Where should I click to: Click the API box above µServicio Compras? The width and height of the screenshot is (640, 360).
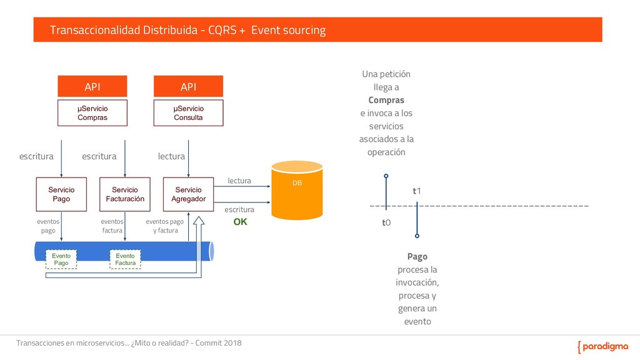(x=92, y=86)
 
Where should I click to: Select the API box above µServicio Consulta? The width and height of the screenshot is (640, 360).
(x=188, y=86)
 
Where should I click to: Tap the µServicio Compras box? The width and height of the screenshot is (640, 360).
(x=92, y=113)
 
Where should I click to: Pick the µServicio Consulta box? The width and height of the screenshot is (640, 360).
(x=188, y=113)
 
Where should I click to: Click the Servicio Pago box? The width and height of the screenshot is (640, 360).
(x=61, y=194)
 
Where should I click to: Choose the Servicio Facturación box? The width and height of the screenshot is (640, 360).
(x=124, y=194)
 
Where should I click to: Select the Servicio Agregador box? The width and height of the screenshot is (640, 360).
(x=188, y=194)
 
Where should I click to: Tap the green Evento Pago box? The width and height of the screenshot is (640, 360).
(x=61, y=259)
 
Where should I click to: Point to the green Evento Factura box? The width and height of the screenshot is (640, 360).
(x=125, y=259)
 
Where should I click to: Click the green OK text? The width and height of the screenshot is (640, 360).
(x=241, y=221)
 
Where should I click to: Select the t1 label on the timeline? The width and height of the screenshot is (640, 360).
(x=417, y=191)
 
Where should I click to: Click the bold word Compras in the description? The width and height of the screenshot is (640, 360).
(x=386, y=100)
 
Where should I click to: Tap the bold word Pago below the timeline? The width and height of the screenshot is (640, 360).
(x=417, y=257)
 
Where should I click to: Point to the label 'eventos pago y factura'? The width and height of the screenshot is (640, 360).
(x=164, y=226)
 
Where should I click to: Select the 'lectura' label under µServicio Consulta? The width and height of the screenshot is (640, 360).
(x=171, y=156)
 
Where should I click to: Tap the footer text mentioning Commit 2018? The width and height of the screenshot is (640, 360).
(x=129, y=343)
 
